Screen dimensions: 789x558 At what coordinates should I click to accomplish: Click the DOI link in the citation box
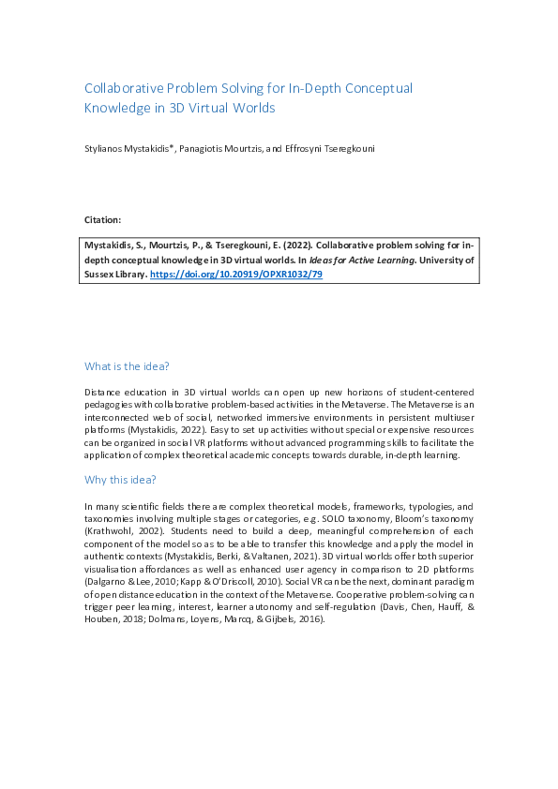click(x=236, y=275)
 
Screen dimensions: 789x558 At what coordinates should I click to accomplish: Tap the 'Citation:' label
click(x=102, y=219)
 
